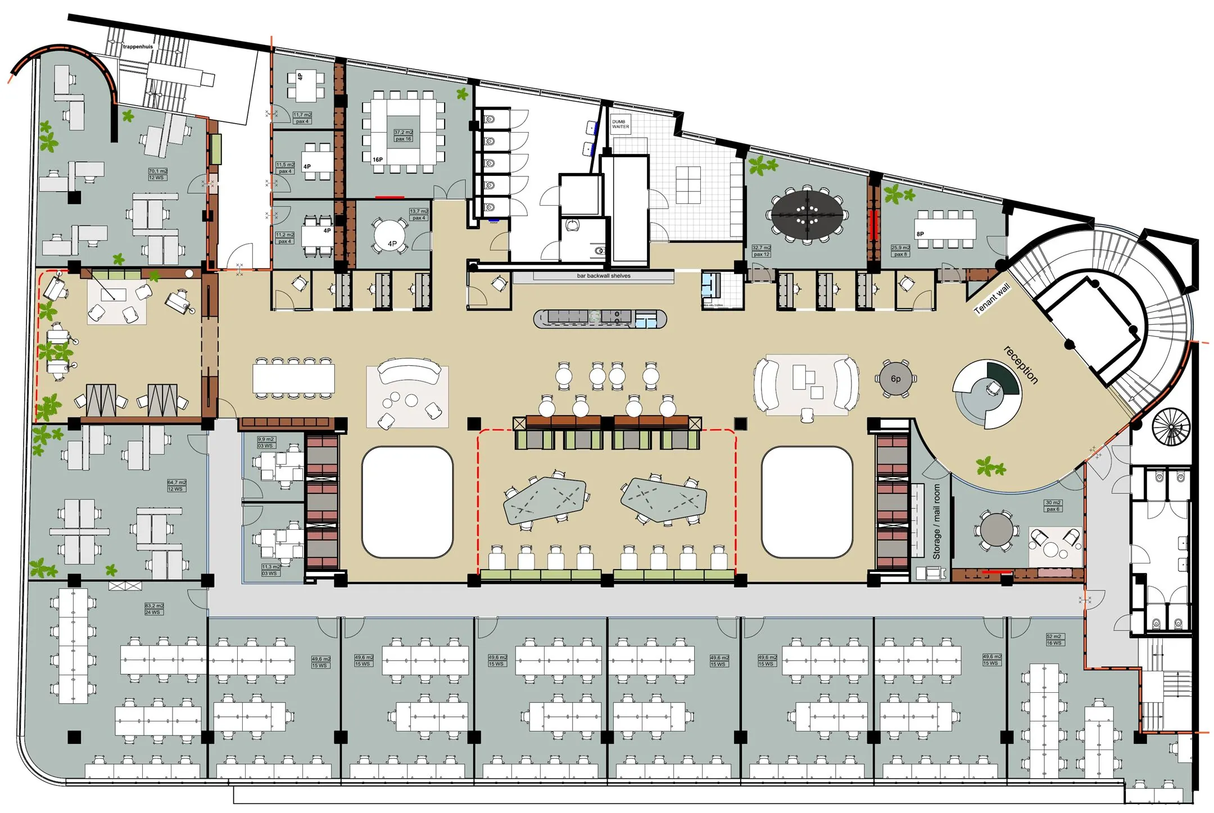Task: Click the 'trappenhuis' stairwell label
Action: [138, 47]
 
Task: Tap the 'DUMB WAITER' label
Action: [620, 124]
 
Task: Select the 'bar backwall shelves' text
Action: [604, 276]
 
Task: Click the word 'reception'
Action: [1021, 365]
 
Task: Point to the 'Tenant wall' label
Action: [992, 298]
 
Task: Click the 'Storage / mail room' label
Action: [936, 522]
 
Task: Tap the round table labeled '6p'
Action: [896, 379]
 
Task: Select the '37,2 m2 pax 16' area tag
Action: [403, 135]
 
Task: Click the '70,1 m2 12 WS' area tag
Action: [158, 174]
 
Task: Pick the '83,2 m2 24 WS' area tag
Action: [154, 609]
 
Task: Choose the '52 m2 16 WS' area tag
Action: [1054, 639]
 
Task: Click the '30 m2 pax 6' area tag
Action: [1053, 506]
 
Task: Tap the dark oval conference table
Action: [807, 215]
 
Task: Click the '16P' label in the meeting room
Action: [378, 160]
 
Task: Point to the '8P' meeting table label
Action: [920, 234]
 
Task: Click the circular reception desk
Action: [987, 394]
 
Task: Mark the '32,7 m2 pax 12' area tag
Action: [762, 251]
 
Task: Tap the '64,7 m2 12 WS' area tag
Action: [176, 485]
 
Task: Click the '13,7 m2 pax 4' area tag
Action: [419, 214]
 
